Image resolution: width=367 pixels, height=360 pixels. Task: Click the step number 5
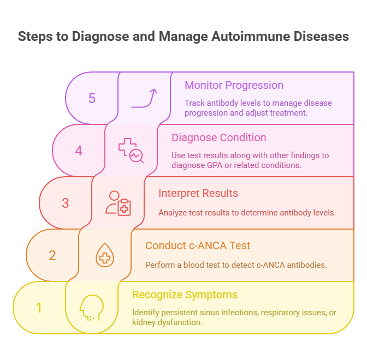(x=92, y=98)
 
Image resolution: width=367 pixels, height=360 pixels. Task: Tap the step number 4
(x=79, y=151)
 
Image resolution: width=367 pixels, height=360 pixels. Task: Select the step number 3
(x=66, y=203)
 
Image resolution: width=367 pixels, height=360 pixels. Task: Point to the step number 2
(x=52, y=255)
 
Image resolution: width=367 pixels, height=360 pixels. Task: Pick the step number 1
(x=39, y=308)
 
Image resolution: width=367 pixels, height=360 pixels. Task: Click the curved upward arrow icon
(x=145, y=98)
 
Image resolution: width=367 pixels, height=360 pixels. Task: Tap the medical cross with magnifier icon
(x=131, y=151)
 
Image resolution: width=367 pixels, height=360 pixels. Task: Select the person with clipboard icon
(x=118, y=203)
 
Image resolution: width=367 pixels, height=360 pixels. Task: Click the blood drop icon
(x=105, y=255)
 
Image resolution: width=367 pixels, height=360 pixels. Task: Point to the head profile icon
(x=91, y=308)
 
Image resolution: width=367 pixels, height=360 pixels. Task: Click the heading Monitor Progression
(x=234, y=85)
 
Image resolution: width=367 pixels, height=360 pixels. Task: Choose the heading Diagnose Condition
(x=218, y=137)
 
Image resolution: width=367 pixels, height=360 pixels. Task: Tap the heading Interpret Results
(x=198, y=193)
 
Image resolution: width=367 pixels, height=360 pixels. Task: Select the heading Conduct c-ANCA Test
(x=198, y=245)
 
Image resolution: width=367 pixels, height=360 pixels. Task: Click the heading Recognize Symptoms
(x=185, y=295)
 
